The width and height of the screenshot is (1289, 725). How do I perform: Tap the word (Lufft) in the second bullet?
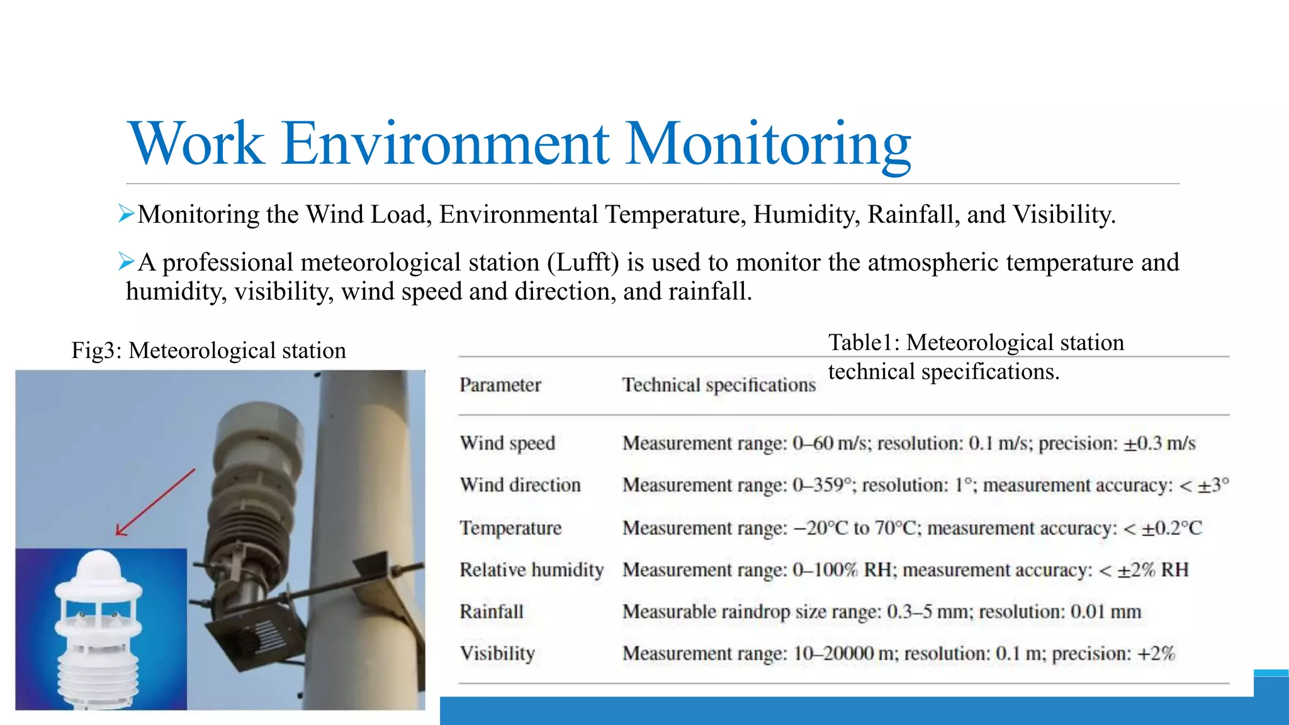pyautogui.click(x=583, y=262)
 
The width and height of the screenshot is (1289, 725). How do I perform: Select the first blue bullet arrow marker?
pyautogui.click(x=127, y=214)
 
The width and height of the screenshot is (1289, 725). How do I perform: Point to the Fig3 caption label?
pyautogui.click(x=96, y=351)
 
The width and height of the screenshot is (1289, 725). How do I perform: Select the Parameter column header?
pyautogui.click(x=500, y=385)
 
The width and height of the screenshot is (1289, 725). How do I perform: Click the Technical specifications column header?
pyautogui.click(x=719, y=385)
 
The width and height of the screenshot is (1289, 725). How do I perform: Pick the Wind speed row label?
pyautogui.click(x=507, y=443)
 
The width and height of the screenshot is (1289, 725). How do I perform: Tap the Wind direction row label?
pyautogui.click(x=520, y=485)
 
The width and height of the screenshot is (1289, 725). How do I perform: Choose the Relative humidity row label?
pyautogui.click(x=531, y=570)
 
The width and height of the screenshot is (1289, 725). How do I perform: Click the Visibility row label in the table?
pyautogui.click(x=497, y=653)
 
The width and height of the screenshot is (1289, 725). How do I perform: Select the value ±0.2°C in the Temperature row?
pyautogui.click(x=1171, y=527)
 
